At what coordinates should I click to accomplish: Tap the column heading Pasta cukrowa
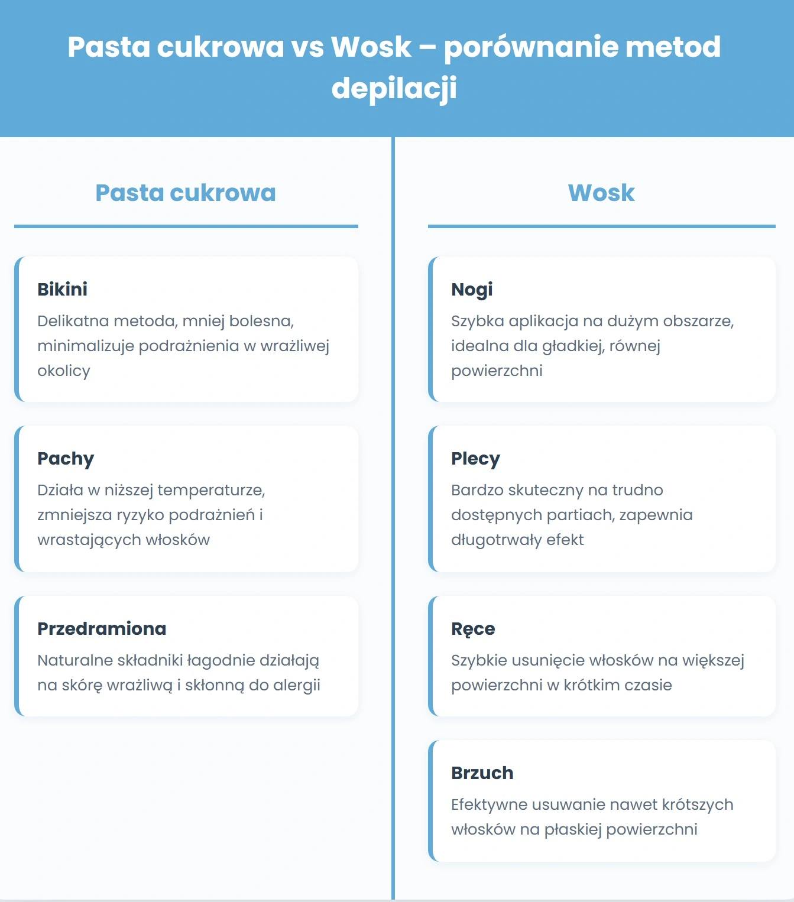186,193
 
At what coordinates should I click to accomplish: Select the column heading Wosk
601,193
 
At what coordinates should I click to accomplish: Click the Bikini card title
62,290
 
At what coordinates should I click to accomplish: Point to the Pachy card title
66,459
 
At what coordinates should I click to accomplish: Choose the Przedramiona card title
102,629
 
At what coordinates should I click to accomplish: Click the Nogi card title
472,290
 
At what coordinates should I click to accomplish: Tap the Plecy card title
475,459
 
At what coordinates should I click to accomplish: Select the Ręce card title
473,630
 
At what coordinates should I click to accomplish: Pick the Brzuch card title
482,773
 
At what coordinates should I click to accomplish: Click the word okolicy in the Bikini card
64,371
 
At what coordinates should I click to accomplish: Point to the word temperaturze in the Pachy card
211,491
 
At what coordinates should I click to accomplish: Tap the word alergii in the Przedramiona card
297,686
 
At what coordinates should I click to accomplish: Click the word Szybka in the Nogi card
477,322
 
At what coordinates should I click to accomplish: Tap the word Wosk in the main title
371,47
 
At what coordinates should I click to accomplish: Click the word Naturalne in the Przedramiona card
75,660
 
